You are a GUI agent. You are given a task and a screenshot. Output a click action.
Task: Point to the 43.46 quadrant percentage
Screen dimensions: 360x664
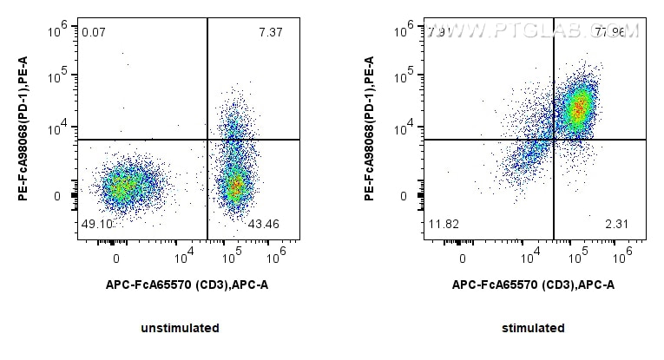pos(264,225)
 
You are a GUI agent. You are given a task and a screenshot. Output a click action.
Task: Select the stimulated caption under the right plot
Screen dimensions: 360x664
pos(533,328)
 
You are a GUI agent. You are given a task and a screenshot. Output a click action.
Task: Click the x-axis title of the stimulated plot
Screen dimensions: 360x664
pos(533,284)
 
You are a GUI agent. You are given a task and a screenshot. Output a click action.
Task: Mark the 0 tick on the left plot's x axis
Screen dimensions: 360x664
pos(115,258)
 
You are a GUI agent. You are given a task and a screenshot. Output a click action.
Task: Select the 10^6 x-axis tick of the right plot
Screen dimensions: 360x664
pos(621,257)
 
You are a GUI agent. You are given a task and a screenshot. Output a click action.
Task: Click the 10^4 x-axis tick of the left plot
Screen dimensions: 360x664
pos(184,257)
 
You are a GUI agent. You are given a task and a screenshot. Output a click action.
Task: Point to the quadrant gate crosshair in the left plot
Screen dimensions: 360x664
pos(207,140)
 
